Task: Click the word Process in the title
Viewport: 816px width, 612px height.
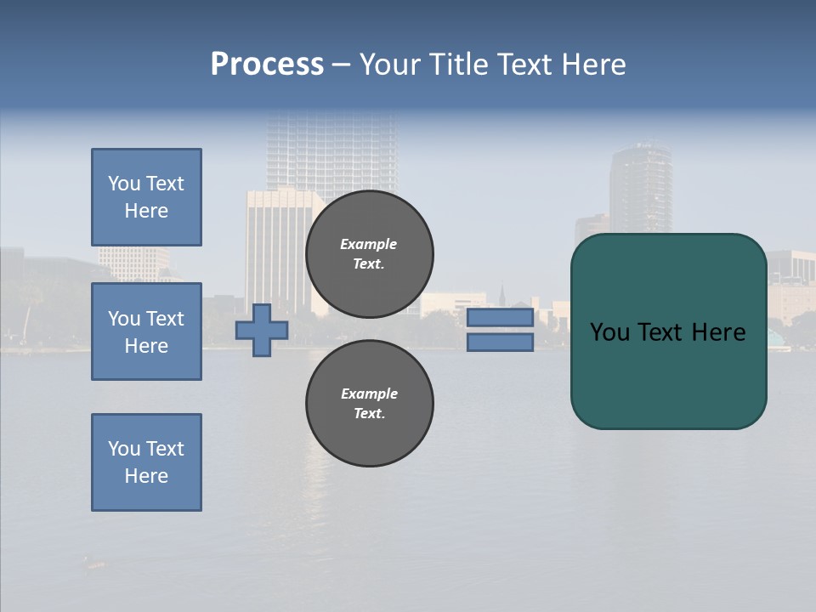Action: [x=267, y=65]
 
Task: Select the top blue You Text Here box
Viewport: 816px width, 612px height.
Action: [x=146, y=197]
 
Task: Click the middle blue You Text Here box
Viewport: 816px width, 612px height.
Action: [x=146, y=331]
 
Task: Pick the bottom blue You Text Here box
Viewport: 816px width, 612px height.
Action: [x=146, y=462]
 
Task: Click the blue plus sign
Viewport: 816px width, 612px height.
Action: [x=262, y=330]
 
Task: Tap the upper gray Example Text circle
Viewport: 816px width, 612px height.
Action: [x=370, y=253]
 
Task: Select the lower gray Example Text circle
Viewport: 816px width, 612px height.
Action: [x=370, y=403]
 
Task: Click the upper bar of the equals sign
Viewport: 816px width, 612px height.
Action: [x=501, y=317]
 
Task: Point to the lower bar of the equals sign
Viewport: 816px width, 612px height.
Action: [x=501, y=342]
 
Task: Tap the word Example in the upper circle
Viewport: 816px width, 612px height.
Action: [x=369, y=244]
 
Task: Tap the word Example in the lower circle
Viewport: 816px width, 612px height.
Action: [x=369, y=394]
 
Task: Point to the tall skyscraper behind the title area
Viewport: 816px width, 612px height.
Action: [x=331, y=153]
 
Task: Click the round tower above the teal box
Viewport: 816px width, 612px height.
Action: [x=640, y=187]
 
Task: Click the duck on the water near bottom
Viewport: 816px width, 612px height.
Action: [x=94, y=563]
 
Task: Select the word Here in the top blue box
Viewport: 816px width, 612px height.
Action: [x=146, y=211]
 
